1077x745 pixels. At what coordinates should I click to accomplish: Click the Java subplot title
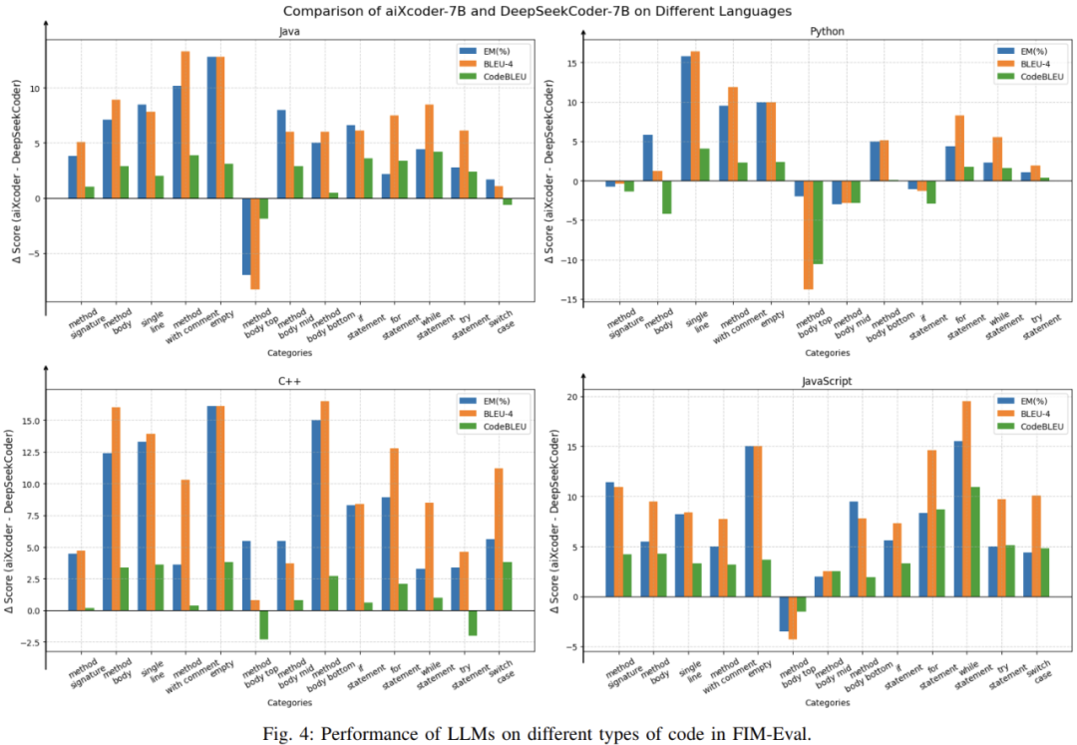tap(289, 31)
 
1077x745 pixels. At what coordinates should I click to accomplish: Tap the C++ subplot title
tap(289, 380)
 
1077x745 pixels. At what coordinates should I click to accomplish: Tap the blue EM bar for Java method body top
tap(246, 236)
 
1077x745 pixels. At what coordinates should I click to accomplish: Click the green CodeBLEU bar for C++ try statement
tap(474, 622)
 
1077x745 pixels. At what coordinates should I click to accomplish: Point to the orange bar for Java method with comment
tap(184, 125)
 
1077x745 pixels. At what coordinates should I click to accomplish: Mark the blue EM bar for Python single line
tap(686, 119)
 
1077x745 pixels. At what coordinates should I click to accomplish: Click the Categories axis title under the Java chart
tap(289, 352)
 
